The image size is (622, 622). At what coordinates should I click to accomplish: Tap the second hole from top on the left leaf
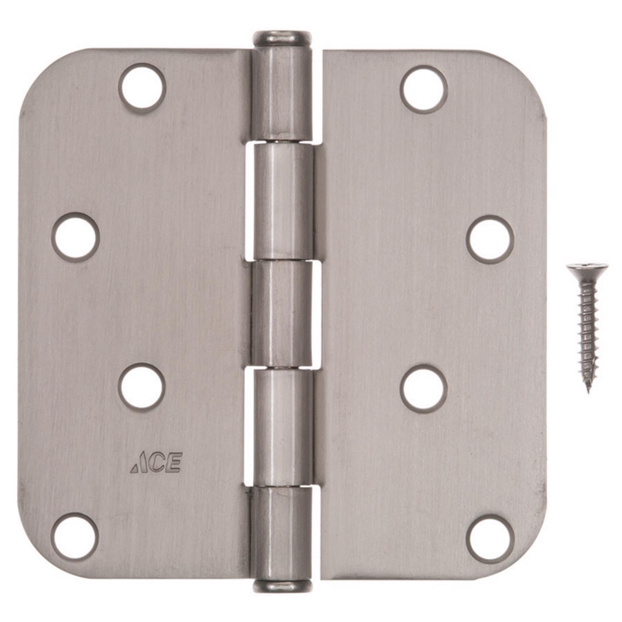tap(75, 237)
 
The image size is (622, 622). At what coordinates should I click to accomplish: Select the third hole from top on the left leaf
tap(142, 386)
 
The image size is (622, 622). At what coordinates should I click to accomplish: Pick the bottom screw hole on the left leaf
tap(75, 536)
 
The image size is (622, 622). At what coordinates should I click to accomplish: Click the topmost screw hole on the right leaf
tap(424, 89)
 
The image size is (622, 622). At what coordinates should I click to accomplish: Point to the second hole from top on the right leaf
tap(490, 239)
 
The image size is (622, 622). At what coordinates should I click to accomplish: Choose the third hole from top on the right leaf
tap(424, 388)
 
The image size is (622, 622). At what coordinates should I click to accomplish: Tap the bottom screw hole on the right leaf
tap(490, 538)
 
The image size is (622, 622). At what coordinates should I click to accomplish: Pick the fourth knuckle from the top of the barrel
tap(283, 427)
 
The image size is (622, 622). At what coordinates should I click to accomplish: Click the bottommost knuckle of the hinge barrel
tap(282, 533)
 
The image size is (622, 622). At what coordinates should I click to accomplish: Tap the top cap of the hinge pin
tap(282, 38)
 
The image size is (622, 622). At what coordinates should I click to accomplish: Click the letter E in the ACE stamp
tap(174, 464)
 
